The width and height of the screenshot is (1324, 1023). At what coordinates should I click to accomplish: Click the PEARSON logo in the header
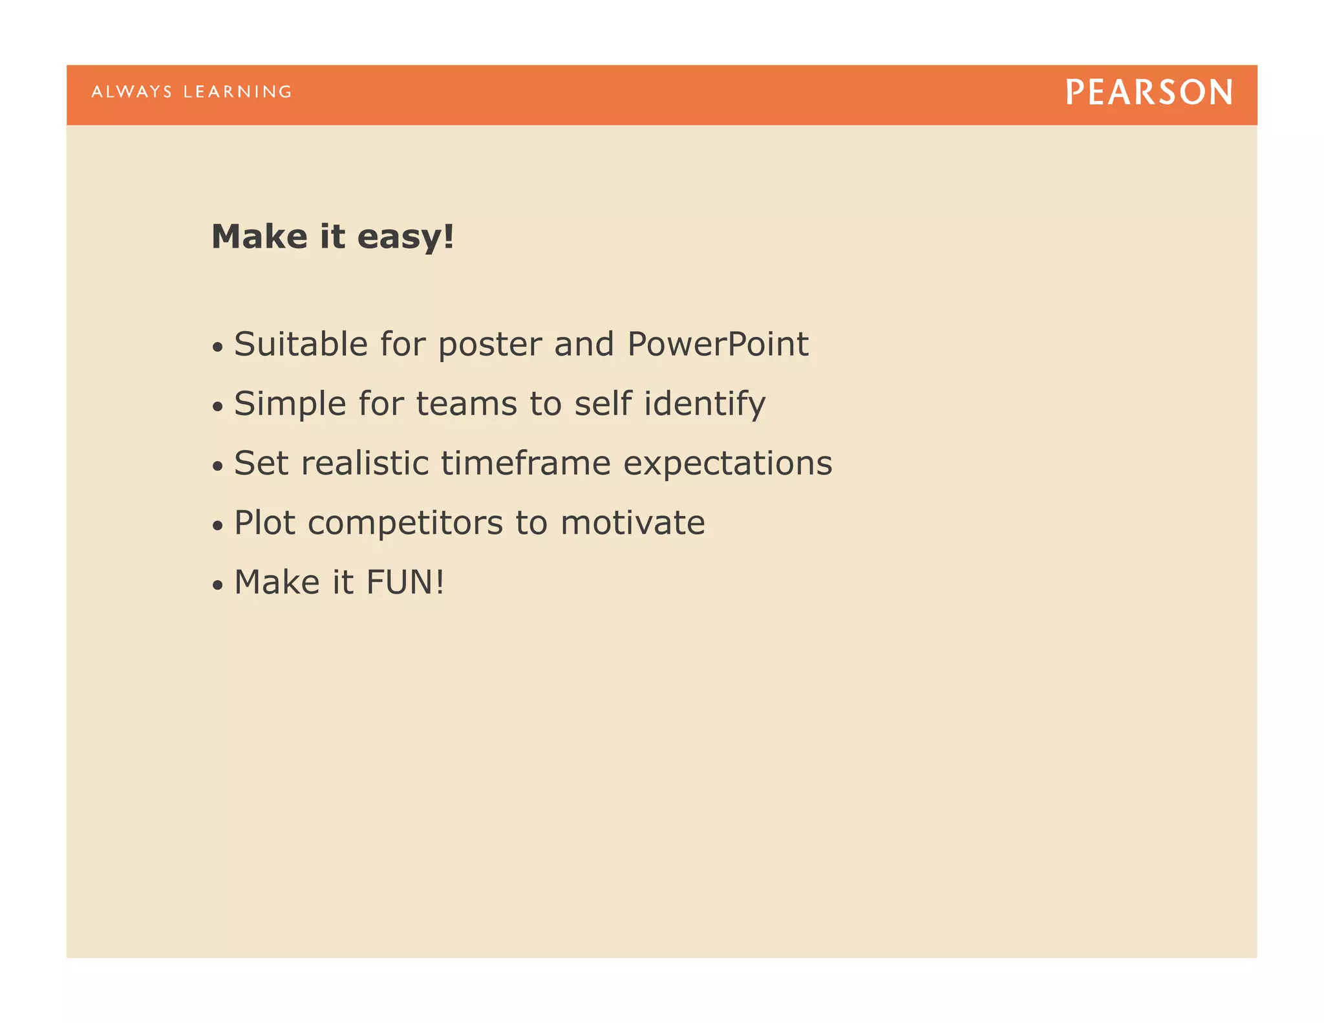[x=1149, y=92]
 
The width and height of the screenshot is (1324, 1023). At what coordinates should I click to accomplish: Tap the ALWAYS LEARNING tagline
[x=191, y=92]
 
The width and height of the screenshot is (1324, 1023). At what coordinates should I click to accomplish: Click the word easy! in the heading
[x=405, y=237]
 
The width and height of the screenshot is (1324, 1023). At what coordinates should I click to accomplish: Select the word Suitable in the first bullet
[x=301, y=343]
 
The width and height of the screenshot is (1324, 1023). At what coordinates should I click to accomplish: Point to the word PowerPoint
[x=718, y=343]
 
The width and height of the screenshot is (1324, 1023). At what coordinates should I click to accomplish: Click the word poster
[x=490, y=345]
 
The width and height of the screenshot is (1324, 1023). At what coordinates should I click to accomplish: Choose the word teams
[x=466, y=404]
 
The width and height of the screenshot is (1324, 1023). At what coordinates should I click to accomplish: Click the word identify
[x=705, y=404]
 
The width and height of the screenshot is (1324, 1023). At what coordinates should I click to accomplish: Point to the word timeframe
[x=526, y=463]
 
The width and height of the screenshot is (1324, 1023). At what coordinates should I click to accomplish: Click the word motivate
[x=632, y=522]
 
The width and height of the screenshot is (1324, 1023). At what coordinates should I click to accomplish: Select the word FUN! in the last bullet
[x=405, y=582]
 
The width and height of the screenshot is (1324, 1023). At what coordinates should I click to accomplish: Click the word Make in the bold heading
[x=259, y=237]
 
